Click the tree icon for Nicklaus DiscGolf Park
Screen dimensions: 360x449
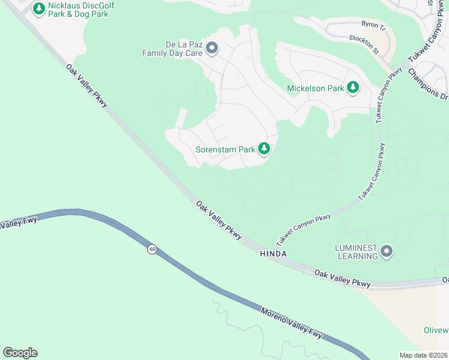tap(39, 8)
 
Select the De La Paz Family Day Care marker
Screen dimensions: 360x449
tap(211, 48)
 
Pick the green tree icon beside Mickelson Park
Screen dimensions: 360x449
tap(354, 88)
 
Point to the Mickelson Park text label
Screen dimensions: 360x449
tap(315, 89)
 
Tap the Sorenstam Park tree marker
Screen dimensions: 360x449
tap(264, 149)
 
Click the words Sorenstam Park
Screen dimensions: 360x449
tap(226, 149)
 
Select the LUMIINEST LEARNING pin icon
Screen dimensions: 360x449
tap(387, 251)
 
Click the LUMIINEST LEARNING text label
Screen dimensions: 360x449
tap(357, 251)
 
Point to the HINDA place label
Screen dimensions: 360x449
tap(273, 254)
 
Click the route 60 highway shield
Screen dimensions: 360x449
tap(152, 249)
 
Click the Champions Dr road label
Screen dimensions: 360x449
tap(428, 83)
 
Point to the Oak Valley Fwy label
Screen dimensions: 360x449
tap(18, 223)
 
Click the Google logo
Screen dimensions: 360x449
tap(20, 353)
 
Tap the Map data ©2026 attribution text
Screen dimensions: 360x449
tap(423, 355)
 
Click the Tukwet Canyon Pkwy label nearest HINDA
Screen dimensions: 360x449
tap(304, 230)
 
